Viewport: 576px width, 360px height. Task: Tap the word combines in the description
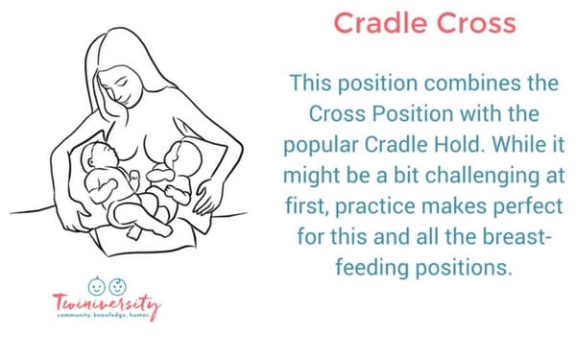(x=444, y=84)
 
